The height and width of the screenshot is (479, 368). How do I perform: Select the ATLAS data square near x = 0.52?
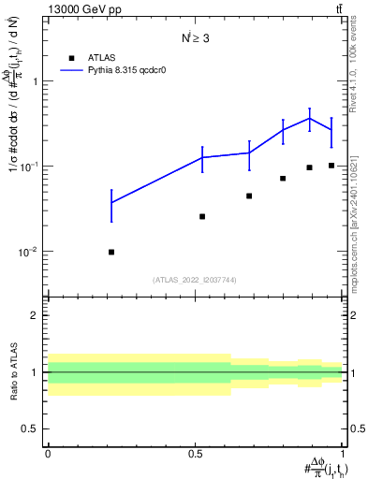click(x=202, y=216)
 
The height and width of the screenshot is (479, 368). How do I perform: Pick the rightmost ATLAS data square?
click(x=331, y=166)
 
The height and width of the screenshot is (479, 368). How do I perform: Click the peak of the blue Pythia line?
click(x=309, y=118)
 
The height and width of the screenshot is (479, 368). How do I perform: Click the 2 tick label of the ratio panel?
click(x=34, y=315)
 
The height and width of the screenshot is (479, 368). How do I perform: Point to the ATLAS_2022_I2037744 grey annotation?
click(x=196, y=280)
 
